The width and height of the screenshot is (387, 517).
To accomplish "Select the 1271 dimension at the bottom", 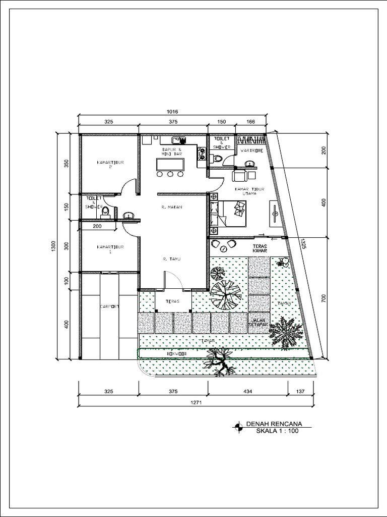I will click(197, 402).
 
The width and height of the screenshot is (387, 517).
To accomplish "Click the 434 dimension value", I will click(247, 391).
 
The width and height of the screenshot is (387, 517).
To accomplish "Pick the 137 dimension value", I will click(301, 391).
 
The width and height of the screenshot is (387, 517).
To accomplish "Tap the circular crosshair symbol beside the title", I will click(237, 428).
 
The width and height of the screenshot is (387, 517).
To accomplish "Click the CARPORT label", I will click(109, 306).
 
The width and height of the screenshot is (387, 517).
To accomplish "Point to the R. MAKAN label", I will click(172, 207).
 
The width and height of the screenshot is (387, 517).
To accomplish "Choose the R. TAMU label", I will click(172, 258).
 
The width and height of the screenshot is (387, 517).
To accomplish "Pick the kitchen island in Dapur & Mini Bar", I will click(171, 165).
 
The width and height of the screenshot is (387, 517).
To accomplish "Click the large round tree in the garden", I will click(226, 295).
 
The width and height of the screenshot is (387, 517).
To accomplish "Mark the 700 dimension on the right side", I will click(325, 299).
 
